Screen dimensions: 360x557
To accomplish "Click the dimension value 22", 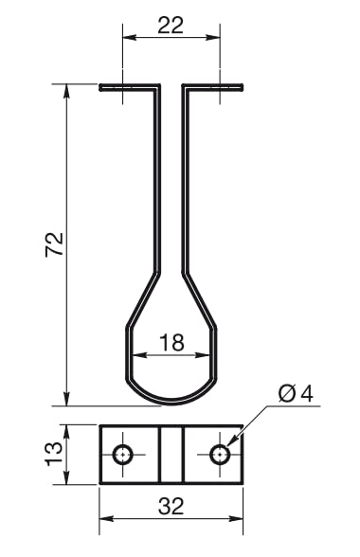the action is click(171, 26).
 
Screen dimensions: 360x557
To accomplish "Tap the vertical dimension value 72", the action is click(55, 244).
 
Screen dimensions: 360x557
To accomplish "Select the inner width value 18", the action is click(171, 343).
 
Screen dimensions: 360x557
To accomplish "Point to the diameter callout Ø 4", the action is click(296, 394).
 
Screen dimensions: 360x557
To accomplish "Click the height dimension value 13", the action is click(54, 454).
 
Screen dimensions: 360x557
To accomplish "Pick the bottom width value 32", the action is click(171, 506).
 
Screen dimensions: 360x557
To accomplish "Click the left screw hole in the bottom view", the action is click(122, 455).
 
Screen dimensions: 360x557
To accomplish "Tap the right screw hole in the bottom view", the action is click(220, 455).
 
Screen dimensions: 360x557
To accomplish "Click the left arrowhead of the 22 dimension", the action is click(130, 37).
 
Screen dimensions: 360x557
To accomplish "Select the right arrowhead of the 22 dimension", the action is click(213, 37).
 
